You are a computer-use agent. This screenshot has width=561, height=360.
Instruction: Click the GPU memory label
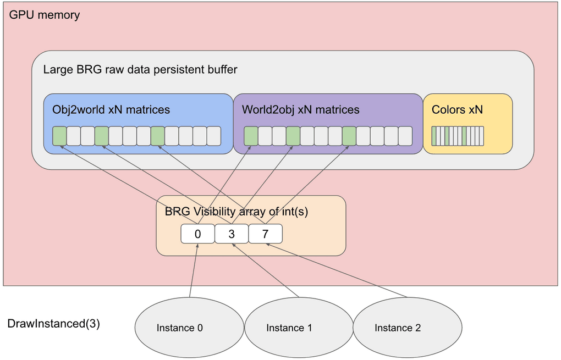[x=45, y=15]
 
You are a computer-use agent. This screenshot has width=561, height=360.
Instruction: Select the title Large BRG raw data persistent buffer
[x=140, y=69]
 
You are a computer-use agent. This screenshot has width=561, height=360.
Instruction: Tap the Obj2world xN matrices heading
[x=111, y=109]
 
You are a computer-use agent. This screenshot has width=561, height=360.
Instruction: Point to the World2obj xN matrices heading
[x=300, y=109]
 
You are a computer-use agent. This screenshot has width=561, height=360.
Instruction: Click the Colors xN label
[x=457, y=109]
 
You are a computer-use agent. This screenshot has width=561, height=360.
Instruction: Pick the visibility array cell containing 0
[x=197, y=234]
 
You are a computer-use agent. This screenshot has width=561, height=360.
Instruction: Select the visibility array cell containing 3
[x=232, y=234]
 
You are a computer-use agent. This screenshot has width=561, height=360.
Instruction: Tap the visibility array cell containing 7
[x=265, y=234]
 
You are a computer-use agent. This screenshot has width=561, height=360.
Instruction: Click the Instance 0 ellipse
[x=189, y=328]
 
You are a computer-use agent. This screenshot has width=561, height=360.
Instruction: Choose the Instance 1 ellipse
[x=299, y=328]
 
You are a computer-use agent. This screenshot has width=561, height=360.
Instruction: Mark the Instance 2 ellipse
[x=408, y=328]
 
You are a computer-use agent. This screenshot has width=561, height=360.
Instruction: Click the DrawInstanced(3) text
[x=54, y=324]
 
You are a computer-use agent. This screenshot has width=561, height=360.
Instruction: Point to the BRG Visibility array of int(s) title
[x=236, y=211]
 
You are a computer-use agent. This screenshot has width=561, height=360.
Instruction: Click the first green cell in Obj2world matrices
[x=59, y=136]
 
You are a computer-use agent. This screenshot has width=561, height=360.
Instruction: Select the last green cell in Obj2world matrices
[x=158, y=136]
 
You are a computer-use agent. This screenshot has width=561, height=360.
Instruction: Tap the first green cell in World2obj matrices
[x=251, y=136]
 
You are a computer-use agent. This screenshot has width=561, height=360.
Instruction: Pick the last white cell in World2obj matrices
[x=405, y=136]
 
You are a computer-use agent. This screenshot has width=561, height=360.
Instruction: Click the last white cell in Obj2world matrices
[x=214, y=136]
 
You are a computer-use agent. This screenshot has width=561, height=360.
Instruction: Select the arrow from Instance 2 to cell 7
[x=336, y=270]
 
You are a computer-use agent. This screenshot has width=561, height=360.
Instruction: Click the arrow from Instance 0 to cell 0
[x=194, y=270]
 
